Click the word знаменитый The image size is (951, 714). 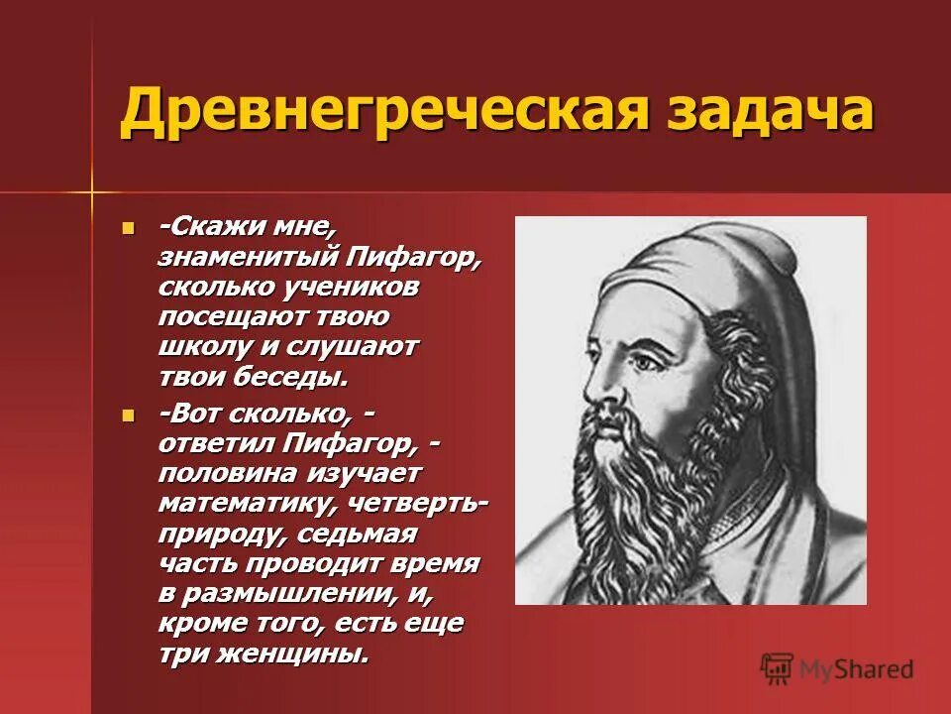(x=248, y=259)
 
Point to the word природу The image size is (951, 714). (x=203, y=534)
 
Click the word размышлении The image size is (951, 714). (x=286, y=594)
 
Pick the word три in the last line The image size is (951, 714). (x=181, y=654)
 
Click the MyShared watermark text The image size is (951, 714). (x=857, y=669)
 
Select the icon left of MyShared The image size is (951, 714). (x=778, y=669)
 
